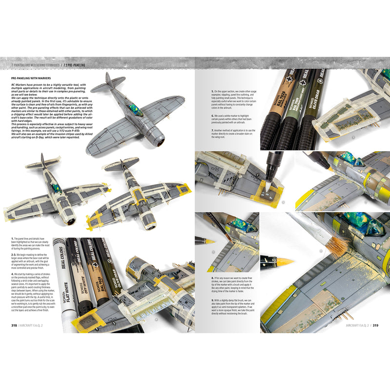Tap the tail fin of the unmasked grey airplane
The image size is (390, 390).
[109, 82]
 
